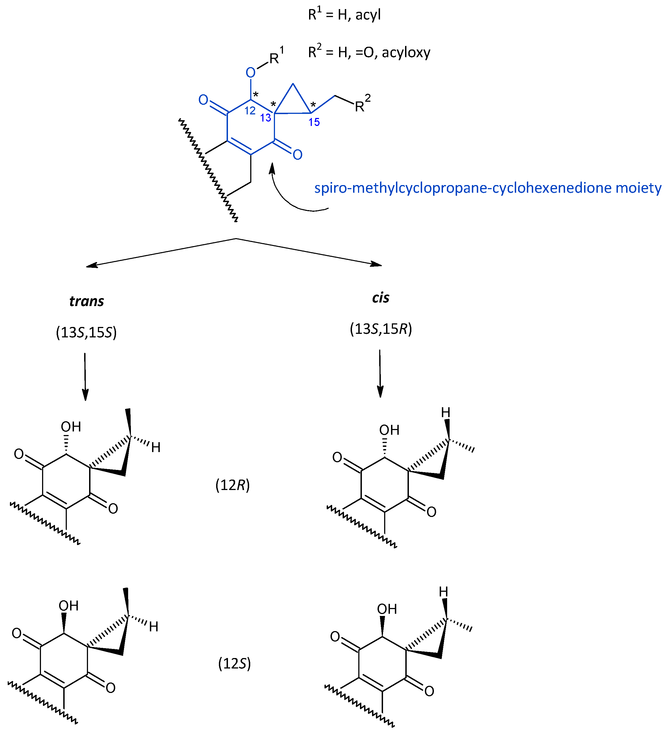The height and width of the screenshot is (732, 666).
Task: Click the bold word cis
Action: [x=381, y=298]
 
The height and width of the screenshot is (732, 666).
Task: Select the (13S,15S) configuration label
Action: [x=86, y=332]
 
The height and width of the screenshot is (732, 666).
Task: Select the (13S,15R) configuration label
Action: [x=381, y=329]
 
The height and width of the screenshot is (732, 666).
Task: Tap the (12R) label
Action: [x=233, y=485]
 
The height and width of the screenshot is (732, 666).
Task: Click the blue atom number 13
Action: [x=265, y=118]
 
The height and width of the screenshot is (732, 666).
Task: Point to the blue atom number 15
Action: [x=314, y=122]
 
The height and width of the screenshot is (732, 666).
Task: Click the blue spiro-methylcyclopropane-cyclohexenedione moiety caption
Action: [x=488, y=188]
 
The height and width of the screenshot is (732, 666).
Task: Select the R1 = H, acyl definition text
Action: [x=344, y=15]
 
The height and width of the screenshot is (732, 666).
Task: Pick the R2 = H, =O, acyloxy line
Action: [x=369, y=52]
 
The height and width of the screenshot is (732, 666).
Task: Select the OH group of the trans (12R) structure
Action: [x=71, y=427]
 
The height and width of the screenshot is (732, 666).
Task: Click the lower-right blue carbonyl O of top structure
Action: [x=298, y=155]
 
